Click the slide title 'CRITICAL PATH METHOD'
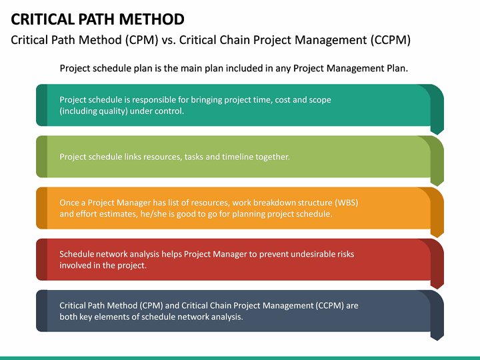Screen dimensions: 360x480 pos(98,18)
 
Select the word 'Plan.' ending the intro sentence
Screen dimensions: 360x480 pos(395,68)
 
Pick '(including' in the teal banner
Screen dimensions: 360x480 pos(79,111)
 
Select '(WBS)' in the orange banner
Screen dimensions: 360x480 pos(345,203)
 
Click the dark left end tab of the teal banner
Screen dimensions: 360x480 pos(41,105)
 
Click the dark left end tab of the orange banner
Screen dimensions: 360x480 pos(41,208)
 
